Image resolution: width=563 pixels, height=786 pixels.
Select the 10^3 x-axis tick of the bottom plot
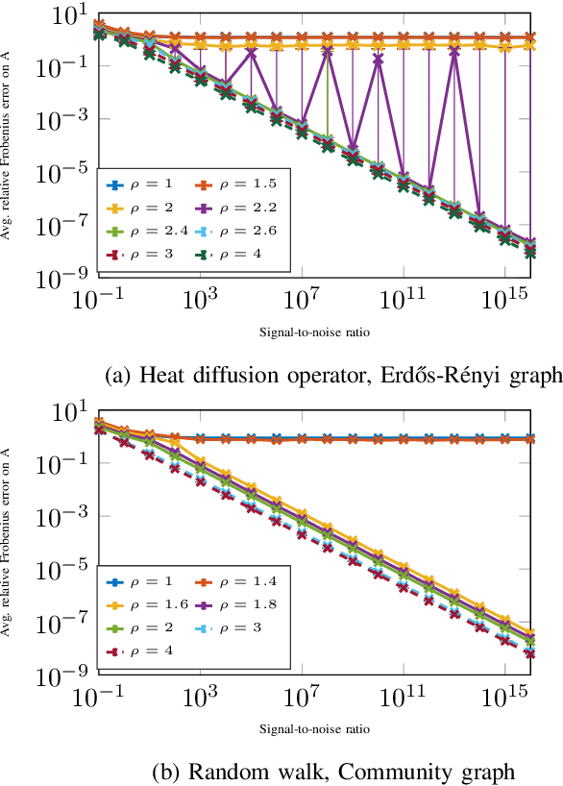coord(200,697)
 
